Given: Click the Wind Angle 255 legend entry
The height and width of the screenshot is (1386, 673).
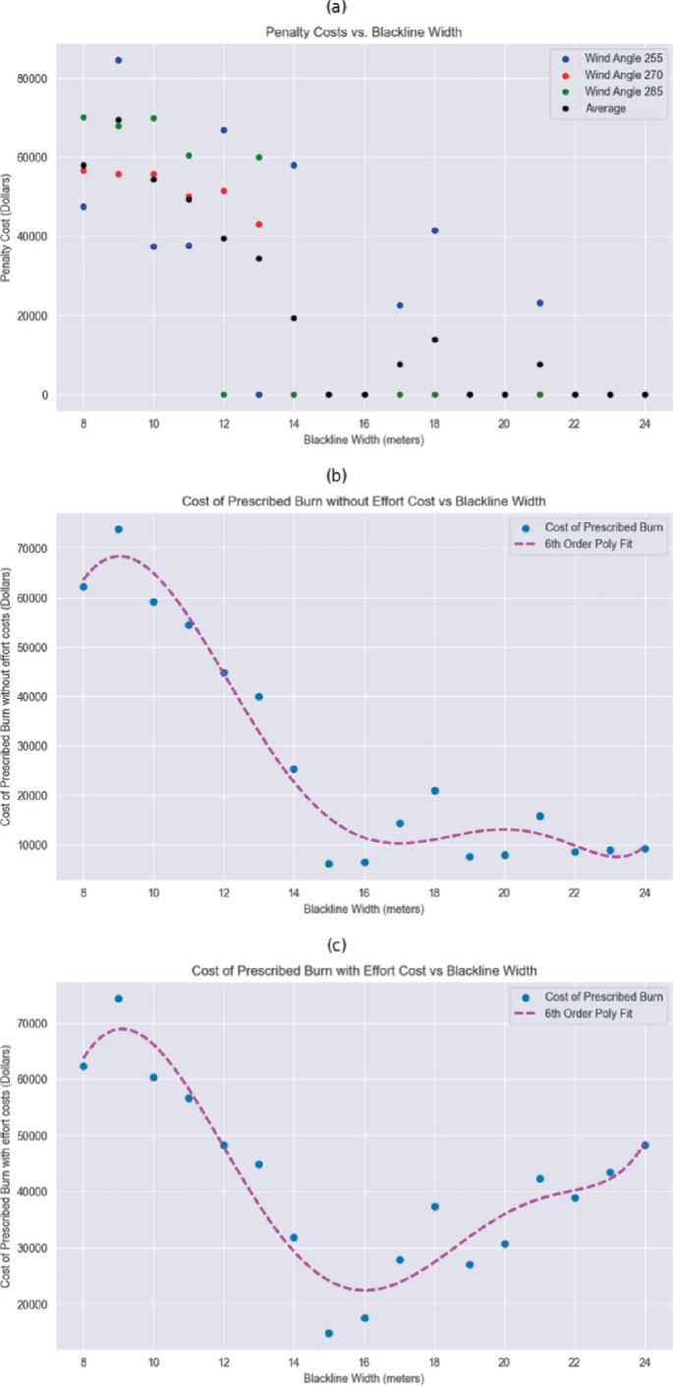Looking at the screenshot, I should (x=608, y=59).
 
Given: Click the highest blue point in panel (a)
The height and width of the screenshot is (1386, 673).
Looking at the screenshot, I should (x=119, y=60).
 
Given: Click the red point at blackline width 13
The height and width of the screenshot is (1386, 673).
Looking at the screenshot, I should (x=258, y=224).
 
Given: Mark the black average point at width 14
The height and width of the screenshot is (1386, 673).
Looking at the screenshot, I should (x=294, y=318).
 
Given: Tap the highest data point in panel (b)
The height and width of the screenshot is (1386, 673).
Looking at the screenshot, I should (x=119, y=529).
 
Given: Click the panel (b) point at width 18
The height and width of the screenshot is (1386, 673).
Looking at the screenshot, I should (x=434, y=790).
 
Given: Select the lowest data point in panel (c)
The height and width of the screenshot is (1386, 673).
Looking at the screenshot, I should (x=329, y=1333).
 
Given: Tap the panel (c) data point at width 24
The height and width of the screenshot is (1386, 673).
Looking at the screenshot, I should (x=645, y=1145).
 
